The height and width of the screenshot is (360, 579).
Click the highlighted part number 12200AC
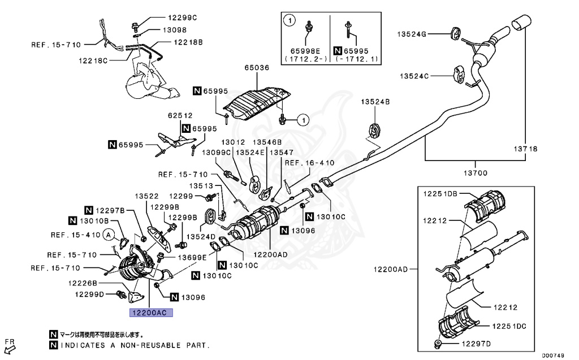(x=150, y=313)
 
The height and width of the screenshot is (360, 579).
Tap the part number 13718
(x=525, y=149)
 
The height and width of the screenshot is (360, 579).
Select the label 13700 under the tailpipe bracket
(x=475, y=173)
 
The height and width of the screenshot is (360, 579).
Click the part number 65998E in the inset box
(x=305, y=51)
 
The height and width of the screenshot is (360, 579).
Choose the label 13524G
(x=412, y=34)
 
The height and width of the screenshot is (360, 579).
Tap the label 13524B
(x=375, y=102)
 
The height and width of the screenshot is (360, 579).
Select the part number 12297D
(x=476, y=344)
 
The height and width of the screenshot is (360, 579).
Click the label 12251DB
(x=440, y=194)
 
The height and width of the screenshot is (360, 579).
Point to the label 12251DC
(x=509, y=326)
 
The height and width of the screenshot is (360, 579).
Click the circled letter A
(x=108, y=235)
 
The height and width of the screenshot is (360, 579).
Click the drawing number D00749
(x=553, y=355)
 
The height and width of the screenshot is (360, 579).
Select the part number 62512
(x=180, y=115)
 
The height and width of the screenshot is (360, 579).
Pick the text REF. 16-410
(x=309, y=163)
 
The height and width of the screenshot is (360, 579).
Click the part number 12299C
(x=183, y=18)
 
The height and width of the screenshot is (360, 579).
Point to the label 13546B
(x=267, y=142)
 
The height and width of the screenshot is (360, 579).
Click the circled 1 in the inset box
(x=289, y=20)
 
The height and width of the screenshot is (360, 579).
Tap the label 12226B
(x=83, y=283)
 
